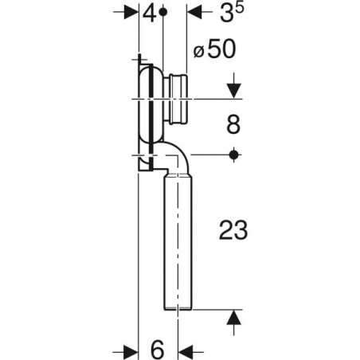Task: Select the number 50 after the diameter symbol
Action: click(x=220, y=49)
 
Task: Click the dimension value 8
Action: click(x=233, y=126)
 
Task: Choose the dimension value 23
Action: click(x=233, y=231)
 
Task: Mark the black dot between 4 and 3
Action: click(x=164, y=13)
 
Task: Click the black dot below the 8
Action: click(x=233, y=155)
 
